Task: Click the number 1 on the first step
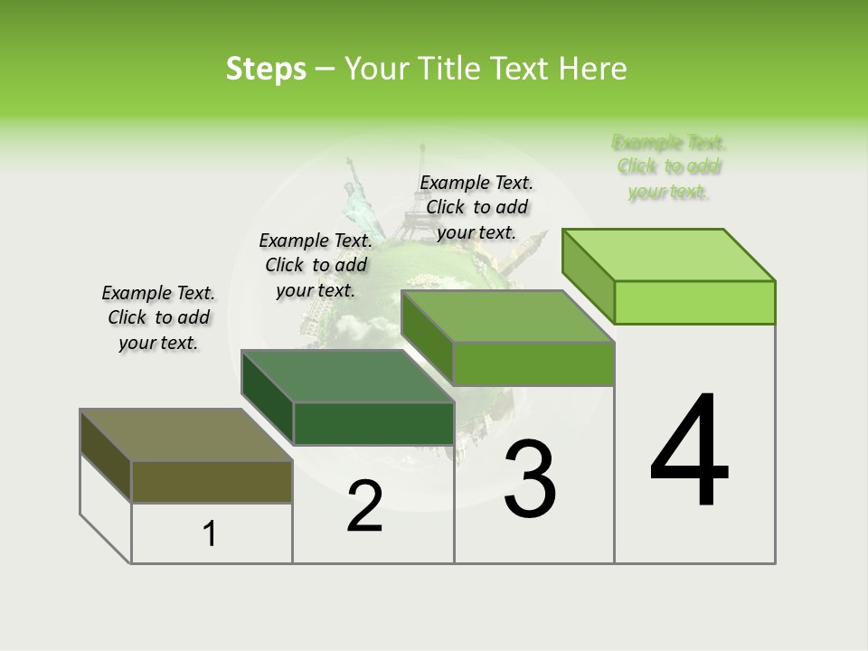(x=210, y=534)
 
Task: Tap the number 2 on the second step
(x=364, y=506)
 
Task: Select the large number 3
(x=530, y=479)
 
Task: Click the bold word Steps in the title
(x=266, y=69)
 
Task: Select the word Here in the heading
(x=593, y=69)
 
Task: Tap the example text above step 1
(x=158, y=317)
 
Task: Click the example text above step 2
(x=316, y=265)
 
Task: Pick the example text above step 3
(x=476, y=207)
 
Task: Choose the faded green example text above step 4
(x=669, y=166)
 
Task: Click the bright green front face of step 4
(x=694, y=302)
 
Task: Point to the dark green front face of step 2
(x=373, y=423)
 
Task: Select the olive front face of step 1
(x=212, y=481)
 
